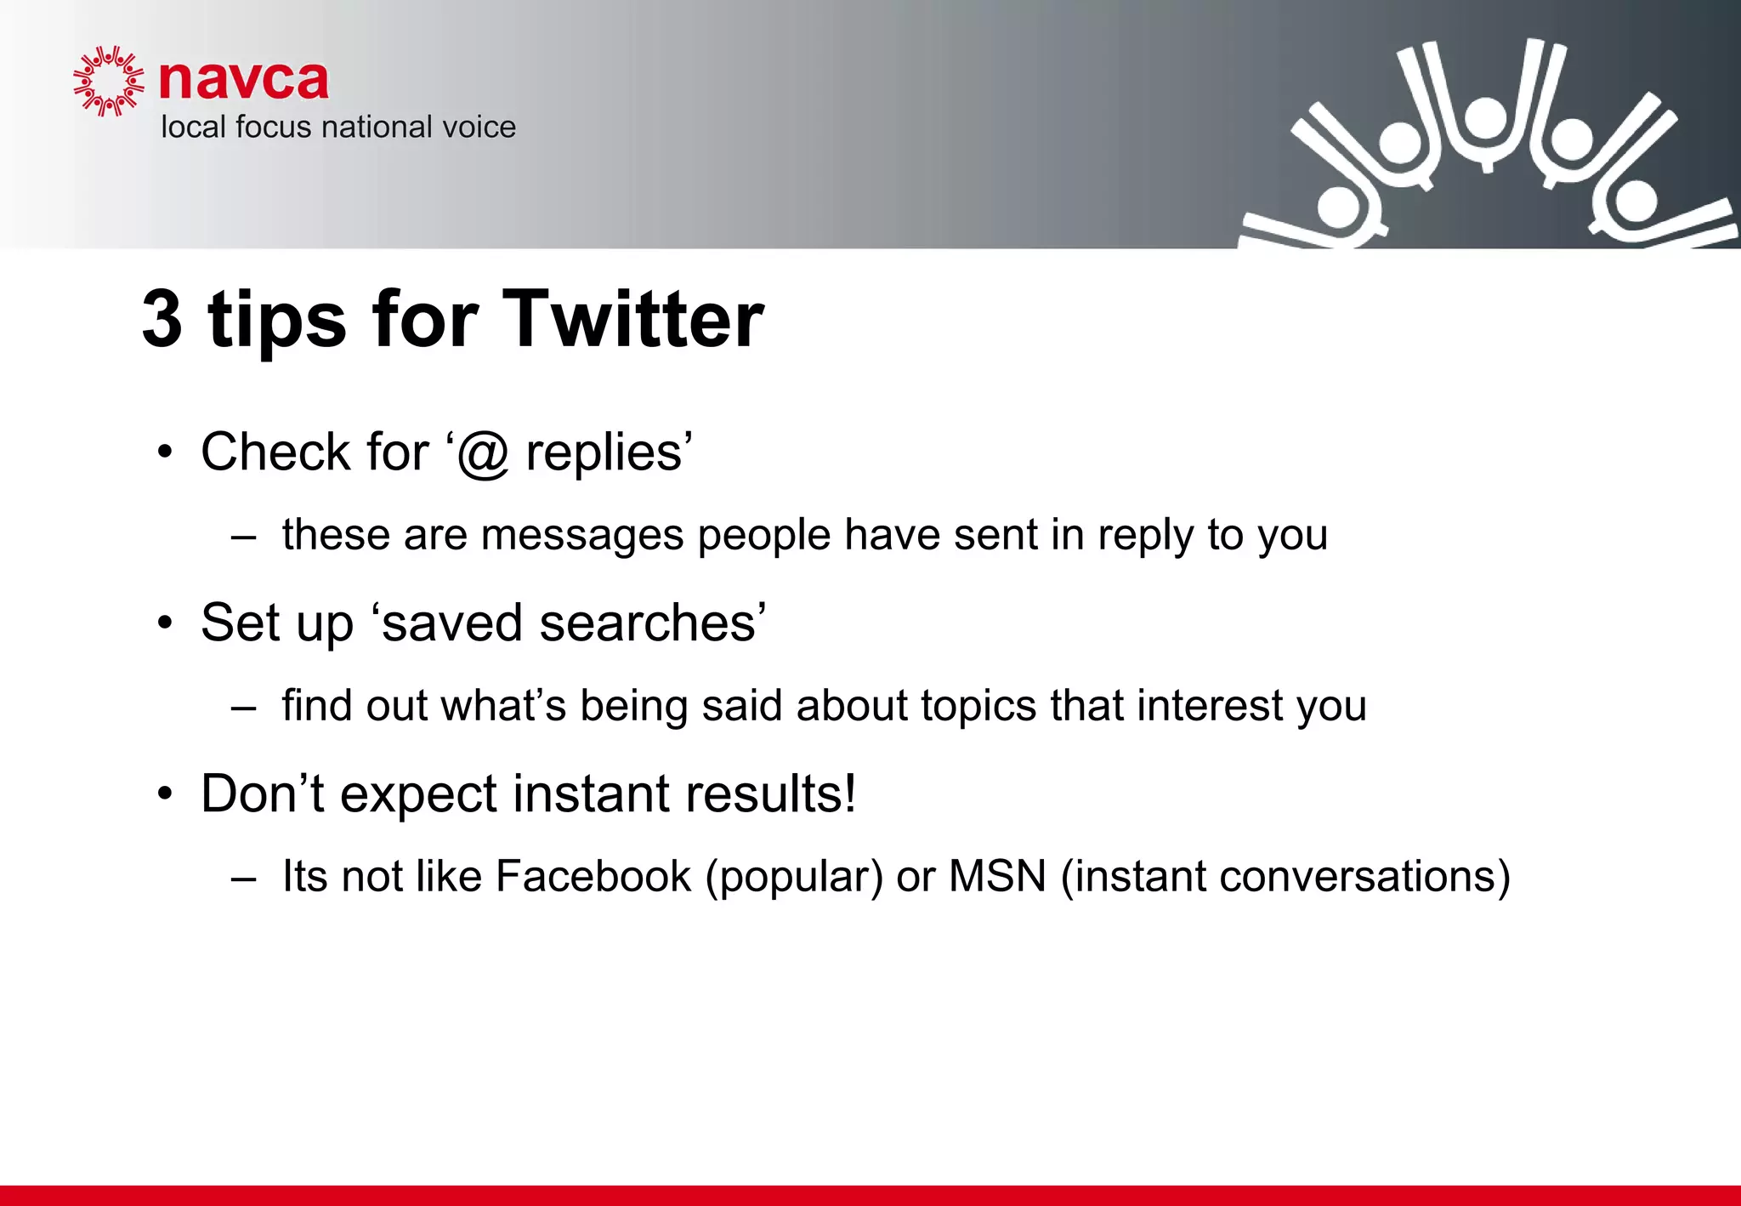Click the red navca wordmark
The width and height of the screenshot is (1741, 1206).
point(244,81)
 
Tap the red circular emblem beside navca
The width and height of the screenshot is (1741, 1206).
point(109,81)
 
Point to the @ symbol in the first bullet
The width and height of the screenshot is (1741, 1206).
point(483,452)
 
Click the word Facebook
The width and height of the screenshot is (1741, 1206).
point(593,876)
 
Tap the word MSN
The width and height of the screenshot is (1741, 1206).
point(997,876)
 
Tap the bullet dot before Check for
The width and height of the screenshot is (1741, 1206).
point(165,452)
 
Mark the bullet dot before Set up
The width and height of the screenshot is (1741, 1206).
point(165,623)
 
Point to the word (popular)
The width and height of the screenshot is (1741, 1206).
point(795,877)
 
